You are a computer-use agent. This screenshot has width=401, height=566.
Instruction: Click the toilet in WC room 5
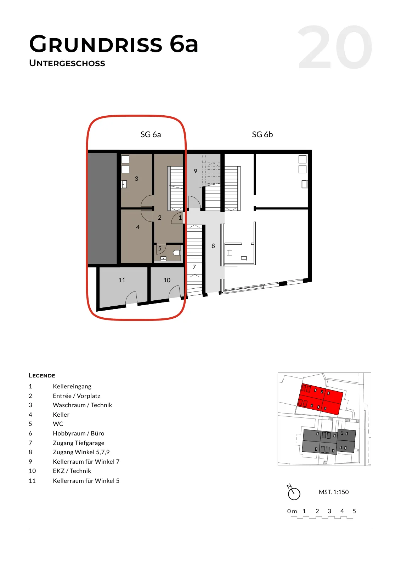(177, 253)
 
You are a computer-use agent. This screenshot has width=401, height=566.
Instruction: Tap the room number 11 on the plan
(122, 280)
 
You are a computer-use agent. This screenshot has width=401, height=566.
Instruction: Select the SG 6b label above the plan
(262, 134)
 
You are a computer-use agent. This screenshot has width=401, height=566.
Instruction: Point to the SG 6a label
(151, 134)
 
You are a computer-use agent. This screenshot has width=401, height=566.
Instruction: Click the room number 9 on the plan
(195, 171)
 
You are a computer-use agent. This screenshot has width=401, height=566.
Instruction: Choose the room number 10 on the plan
(167, 280)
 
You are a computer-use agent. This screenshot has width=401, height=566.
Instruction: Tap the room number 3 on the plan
(136, 179)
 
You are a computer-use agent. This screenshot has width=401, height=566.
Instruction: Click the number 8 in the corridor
(213, 246)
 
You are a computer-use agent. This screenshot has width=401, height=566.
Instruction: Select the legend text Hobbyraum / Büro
(78, 433)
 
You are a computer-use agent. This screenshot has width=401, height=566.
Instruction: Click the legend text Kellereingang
(72, 386)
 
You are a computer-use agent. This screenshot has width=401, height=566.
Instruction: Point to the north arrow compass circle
(294, 494)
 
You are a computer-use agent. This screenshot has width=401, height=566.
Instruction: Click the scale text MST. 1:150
(334, 492)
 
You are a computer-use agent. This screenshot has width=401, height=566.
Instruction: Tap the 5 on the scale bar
(354, 511)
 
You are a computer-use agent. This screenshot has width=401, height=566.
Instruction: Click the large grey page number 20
(335, 47)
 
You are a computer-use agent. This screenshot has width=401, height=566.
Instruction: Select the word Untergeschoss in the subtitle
(67, 63)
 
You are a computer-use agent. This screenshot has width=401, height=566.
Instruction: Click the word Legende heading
(42, 375)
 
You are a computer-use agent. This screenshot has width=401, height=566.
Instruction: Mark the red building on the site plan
(320, 399)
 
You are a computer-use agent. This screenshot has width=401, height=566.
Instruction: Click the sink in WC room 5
(163, 258)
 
